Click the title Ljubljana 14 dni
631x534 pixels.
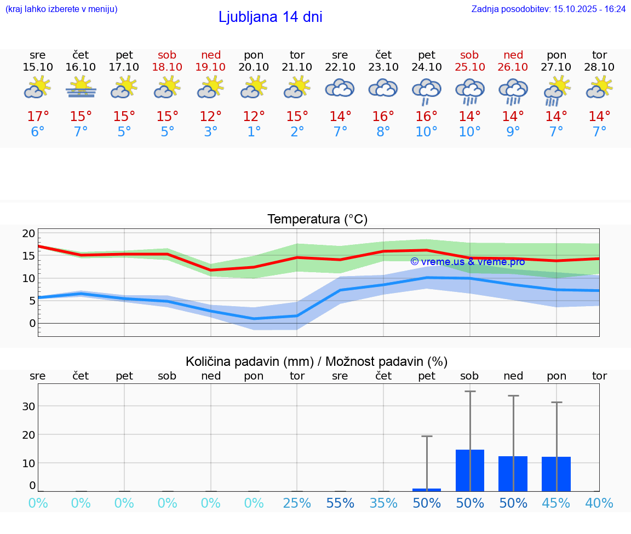click(270, 17)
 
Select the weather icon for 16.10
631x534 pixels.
click(81, 88)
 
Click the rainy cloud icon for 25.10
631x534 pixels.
click(469, 90)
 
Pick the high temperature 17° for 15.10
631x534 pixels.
click(38, 117)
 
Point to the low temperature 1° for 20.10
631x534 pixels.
click(254, 132)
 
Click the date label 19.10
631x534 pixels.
click(210, 67)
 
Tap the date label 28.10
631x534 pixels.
click(599, 67)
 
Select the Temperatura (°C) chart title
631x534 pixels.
click(317, 220)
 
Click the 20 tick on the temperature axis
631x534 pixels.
click(28, 233)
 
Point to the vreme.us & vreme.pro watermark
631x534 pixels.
click(467, 262)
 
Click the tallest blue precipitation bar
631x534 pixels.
click(470, 470)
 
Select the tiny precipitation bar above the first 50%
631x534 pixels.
click(427, 490)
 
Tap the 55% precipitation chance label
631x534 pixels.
click(340, 503)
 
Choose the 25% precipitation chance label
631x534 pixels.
click(297, 503)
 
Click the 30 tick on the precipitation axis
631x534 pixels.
click(28, 406)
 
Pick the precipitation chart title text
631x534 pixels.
click(317, 361)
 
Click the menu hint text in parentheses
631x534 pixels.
click(61, 9)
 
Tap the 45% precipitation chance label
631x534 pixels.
click(556, 503)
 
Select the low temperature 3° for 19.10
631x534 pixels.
click(211, 132)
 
